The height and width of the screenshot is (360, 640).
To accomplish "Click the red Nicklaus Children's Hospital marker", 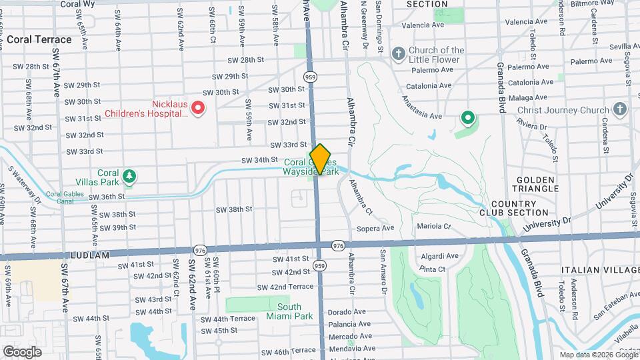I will coord(198,107).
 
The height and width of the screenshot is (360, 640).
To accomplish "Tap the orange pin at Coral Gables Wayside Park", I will coord(321,159).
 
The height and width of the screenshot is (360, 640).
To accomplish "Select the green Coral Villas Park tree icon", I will coord(129,177).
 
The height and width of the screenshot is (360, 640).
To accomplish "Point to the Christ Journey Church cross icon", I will coord(620,109).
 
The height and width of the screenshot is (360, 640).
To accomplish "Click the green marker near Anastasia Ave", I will coord(468,119).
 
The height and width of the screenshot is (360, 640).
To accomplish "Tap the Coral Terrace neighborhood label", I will coord(39,39).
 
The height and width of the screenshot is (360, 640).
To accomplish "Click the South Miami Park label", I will coord(295,311).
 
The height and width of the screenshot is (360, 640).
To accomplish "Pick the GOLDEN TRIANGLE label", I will coord(534,185).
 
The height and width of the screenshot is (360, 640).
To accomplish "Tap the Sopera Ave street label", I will coord(377,228).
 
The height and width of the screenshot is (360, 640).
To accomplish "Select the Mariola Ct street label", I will coord(434,226).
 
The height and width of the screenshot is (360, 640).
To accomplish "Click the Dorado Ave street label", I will coord(347,311).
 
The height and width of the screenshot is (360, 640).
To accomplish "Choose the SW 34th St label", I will coord(259,160).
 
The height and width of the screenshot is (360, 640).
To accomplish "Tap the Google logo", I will coord(22,351).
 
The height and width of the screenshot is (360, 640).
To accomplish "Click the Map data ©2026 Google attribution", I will coord(598,355).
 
